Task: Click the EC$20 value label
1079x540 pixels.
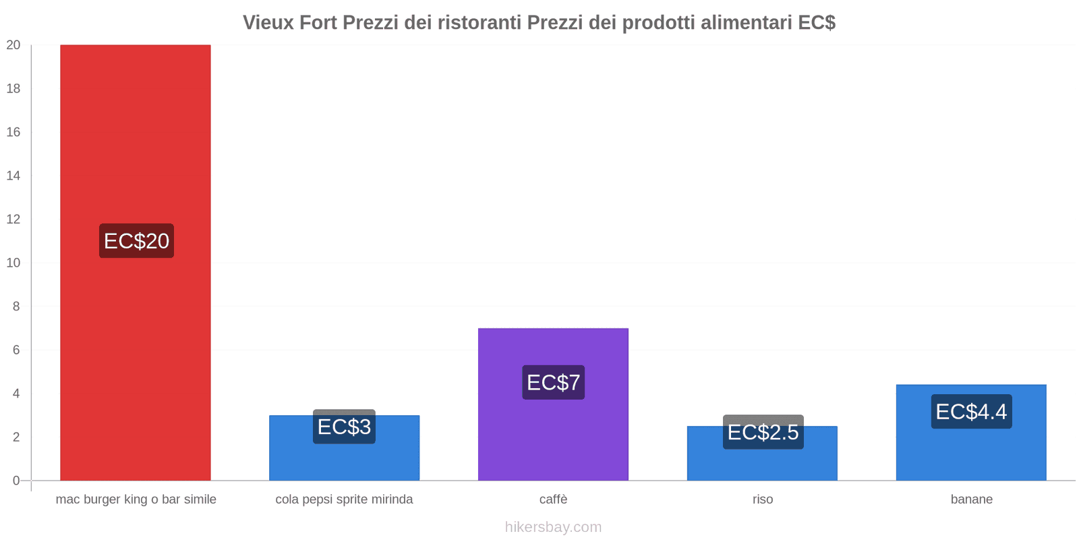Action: (x=136, y=241)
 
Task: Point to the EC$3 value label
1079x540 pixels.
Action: (x=344, y=427)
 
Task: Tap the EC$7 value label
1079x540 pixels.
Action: (x=553, y=383)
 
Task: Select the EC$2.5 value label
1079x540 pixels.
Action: (x=763, y=432)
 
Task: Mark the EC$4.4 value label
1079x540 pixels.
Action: (x=971, y=412)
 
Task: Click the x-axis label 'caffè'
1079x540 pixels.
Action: (x=553, y=500)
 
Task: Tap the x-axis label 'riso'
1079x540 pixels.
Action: (x=763, y=500)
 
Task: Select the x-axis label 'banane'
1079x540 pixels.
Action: (x=971, y=500)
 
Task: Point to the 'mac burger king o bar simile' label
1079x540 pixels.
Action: (x=136, y=500)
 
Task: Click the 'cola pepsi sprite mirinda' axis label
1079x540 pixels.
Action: (x=344, y=500)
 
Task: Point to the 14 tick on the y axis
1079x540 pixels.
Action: (x=13, y=175)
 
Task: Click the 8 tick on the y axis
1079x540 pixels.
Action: (x=16, y=306)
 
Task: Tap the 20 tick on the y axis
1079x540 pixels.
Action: (x=13, y=45)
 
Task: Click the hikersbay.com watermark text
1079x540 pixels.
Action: (x=553, y=527)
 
